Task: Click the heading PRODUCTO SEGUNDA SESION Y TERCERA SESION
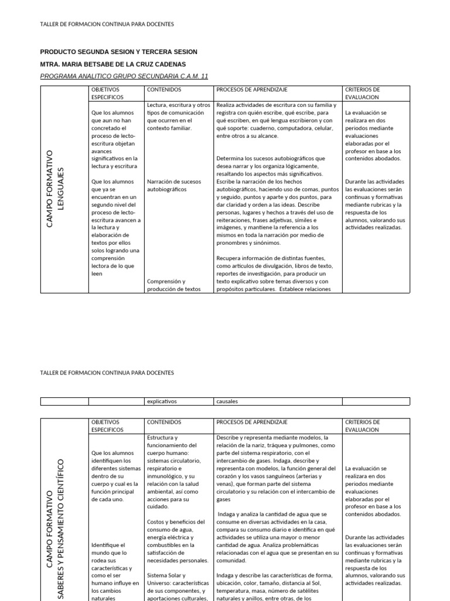coord(118,52)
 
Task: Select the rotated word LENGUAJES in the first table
coord(61,189)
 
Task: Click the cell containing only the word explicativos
coord(162,401)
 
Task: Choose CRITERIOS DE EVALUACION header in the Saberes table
coord(363,426)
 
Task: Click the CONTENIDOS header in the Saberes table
coord(164,422)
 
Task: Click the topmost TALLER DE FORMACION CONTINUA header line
coord(107,24)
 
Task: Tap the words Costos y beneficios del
coord(175,522)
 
